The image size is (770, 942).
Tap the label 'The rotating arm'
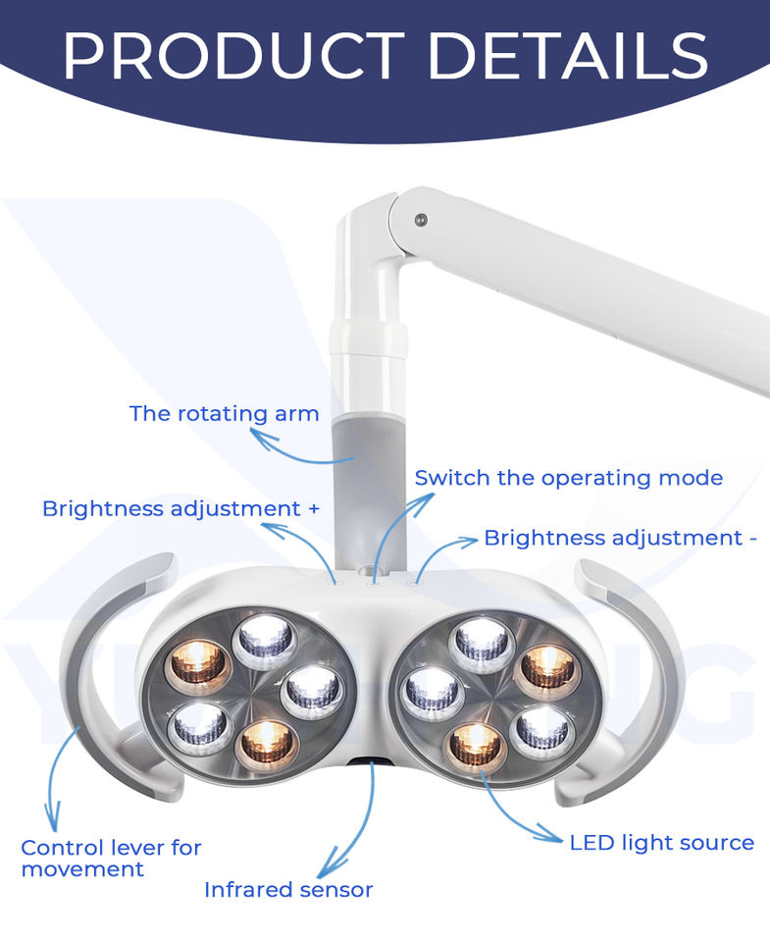[x=224, y=413]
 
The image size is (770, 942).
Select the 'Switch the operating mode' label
[x=568, y=478]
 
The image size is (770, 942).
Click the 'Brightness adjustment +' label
[x=181, y=508]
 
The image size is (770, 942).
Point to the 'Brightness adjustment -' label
[x=620, y=538]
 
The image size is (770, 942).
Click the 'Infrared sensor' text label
[x=288, y=890]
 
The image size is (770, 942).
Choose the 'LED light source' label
[x=661, y=843]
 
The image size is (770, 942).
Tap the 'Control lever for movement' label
[x=111, y=858]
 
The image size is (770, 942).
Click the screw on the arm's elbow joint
[x=421, y=219]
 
